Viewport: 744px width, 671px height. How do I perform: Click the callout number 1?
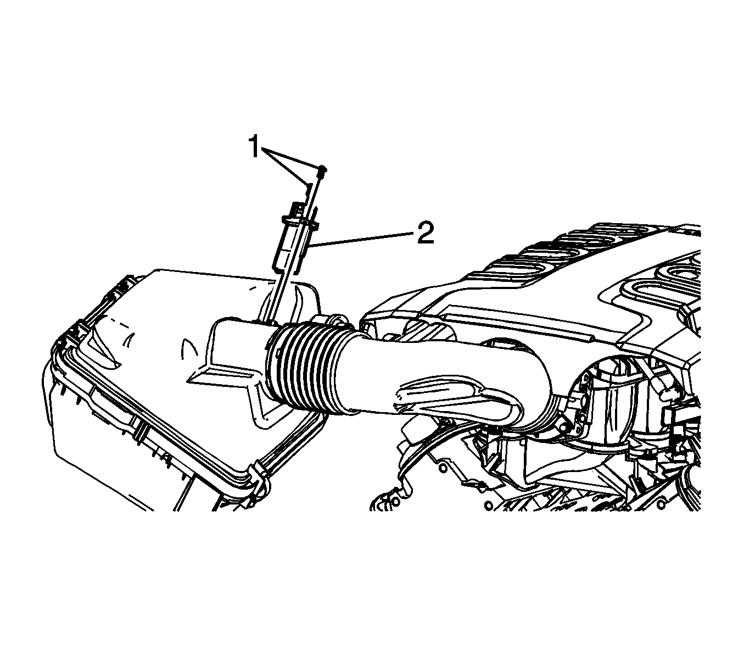pos(254,147)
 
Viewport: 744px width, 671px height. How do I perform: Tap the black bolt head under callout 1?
pos(322,170)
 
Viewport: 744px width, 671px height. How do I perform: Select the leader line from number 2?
pos(362,239)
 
